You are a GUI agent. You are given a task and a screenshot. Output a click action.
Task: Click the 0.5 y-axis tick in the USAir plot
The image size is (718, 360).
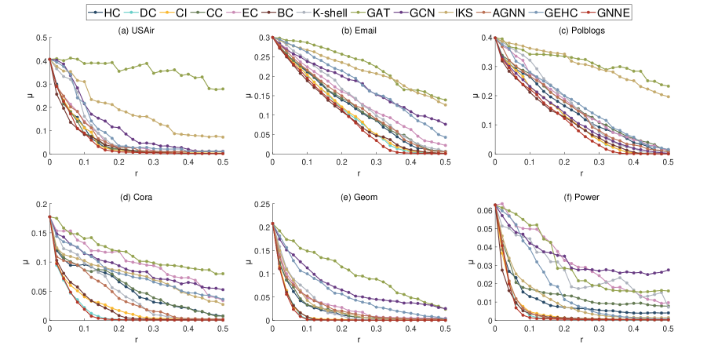point(38,37)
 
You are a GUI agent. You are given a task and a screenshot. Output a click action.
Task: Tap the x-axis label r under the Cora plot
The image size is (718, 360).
point(136,341)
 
